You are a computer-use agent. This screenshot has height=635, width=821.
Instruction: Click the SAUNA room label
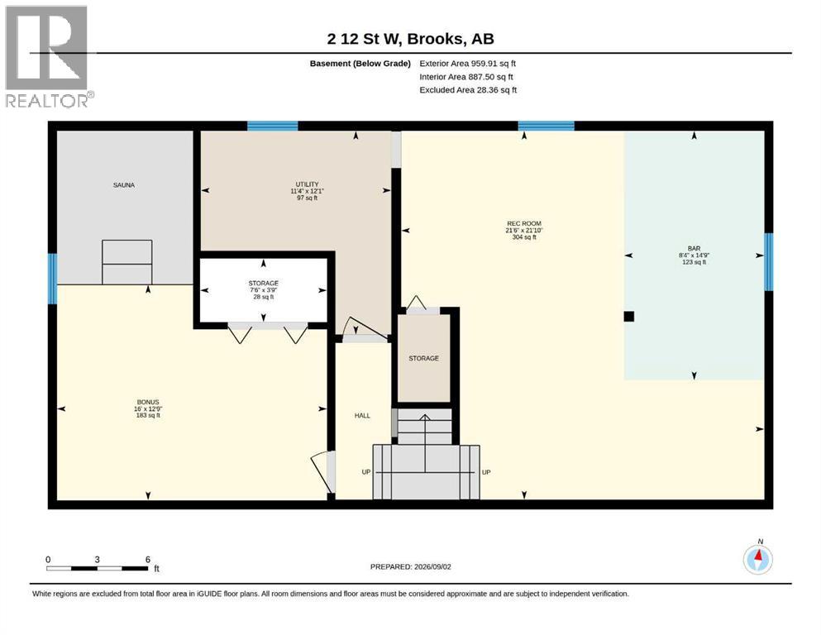click(123, 184)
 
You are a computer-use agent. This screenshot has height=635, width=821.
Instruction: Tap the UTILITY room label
click(307, 184)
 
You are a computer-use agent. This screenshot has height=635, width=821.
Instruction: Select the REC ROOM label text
click(523, 223)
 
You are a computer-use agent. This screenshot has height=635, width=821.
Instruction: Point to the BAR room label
click(694, 249)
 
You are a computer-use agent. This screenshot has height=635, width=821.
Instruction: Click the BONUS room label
click(148, 402)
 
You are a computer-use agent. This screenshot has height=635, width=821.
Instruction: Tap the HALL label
click(362, 416)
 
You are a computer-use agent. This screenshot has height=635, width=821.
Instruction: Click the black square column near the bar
click(629, 316)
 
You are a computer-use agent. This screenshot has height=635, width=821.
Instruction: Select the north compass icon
click(757, 559)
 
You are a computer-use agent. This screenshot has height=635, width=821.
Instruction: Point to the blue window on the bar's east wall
click(769, 262)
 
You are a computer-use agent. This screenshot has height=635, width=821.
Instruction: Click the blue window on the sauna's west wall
click(52, 279)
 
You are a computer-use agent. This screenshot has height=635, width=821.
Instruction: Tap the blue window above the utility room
click(272, 126)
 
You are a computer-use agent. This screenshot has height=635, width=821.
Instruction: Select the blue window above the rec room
click(547, 126)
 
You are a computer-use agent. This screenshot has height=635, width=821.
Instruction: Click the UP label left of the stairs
click(366, 472)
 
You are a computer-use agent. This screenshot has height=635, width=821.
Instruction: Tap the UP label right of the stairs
click(486, 472)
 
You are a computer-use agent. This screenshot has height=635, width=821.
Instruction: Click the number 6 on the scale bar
click(148, 559)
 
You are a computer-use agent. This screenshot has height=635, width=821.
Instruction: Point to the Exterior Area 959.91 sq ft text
click(468, 64)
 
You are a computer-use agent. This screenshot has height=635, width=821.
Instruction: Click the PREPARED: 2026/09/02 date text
click(410, 566)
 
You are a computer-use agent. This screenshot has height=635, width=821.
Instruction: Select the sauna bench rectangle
click(127, 262)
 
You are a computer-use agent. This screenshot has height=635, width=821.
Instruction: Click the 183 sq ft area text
click(148, 416)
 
